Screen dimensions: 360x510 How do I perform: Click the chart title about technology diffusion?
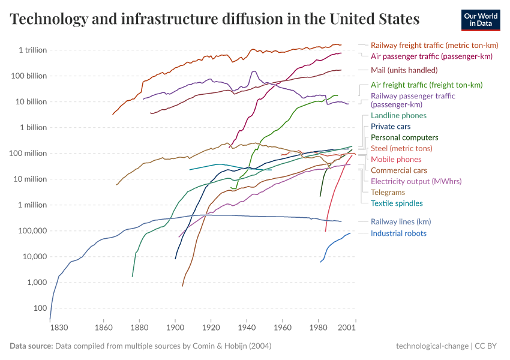(215, 19)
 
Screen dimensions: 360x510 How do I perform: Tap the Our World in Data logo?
(480, 19)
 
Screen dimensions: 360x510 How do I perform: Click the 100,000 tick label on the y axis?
(30, 230)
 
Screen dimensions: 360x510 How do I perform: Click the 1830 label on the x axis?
(58, 328)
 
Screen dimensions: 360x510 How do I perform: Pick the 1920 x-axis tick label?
(211, 328)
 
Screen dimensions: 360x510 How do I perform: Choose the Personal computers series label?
(404, 137)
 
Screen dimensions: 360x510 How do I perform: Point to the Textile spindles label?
(397, 203)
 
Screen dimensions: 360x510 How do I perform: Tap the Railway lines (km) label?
(401, 221)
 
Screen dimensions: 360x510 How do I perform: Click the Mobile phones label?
(396, 159)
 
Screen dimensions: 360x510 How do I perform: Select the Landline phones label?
(398, 115)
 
